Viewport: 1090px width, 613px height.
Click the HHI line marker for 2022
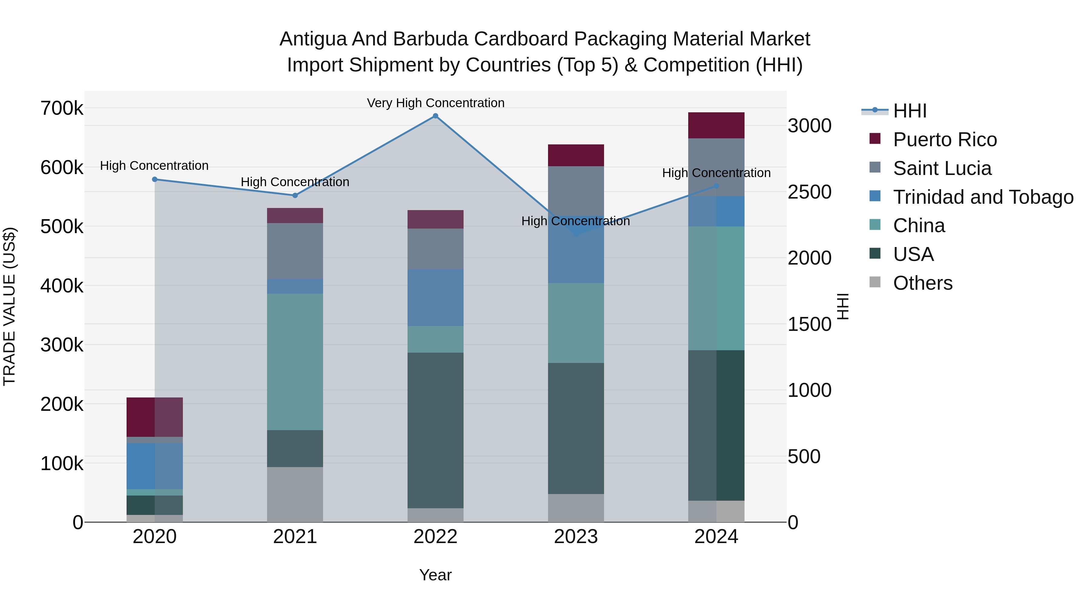(435, 116)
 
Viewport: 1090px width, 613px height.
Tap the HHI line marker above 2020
(154, 180)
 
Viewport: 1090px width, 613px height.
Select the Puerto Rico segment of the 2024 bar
(716, 125)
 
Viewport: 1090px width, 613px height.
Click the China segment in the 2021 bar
(295, 362)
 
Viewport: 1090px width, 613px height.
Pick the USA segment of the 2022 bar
(435, 430)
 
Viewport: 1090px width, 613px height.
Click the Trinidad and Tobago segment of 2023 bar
(576, 254)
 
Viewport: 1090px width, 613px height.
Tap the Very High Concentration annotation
(435, 103)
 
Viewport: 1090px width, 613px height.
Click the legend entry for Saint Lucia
(942, 168)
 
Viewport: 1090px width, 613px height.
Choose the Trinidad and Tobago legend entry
(983, 197)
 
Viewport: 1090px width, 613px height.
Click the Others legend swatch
(875, 282)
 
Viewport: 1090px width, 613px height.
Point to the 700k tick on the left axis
(62, 108)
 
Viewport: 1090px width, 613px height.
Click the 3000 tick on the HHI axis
(809, 126)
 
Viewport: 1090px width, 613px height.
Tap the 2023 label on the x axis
(576, 537)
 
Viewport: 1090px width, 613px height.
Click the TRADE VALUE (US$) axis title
(9, 306)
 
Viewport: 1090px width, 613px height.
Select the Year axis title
(435, 575)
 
